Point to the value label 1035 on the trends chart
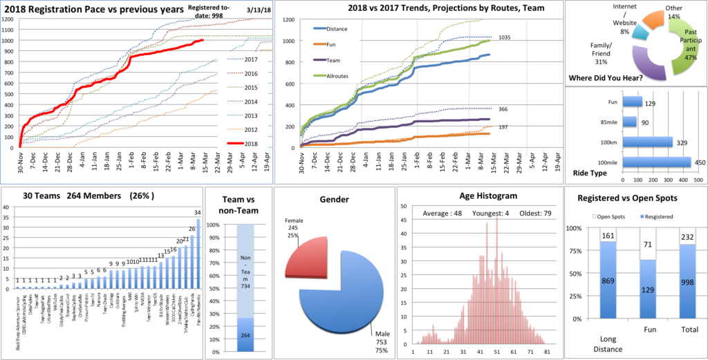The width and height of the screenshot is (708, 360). click(504, 37)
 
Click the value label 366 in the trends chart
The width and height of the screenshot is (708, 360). click(503, 108)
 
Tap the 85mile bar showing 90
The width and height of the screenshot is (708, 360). click(630, 122)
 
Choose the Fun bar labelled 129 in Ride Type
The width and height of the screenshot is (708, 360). click(632, 102)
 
